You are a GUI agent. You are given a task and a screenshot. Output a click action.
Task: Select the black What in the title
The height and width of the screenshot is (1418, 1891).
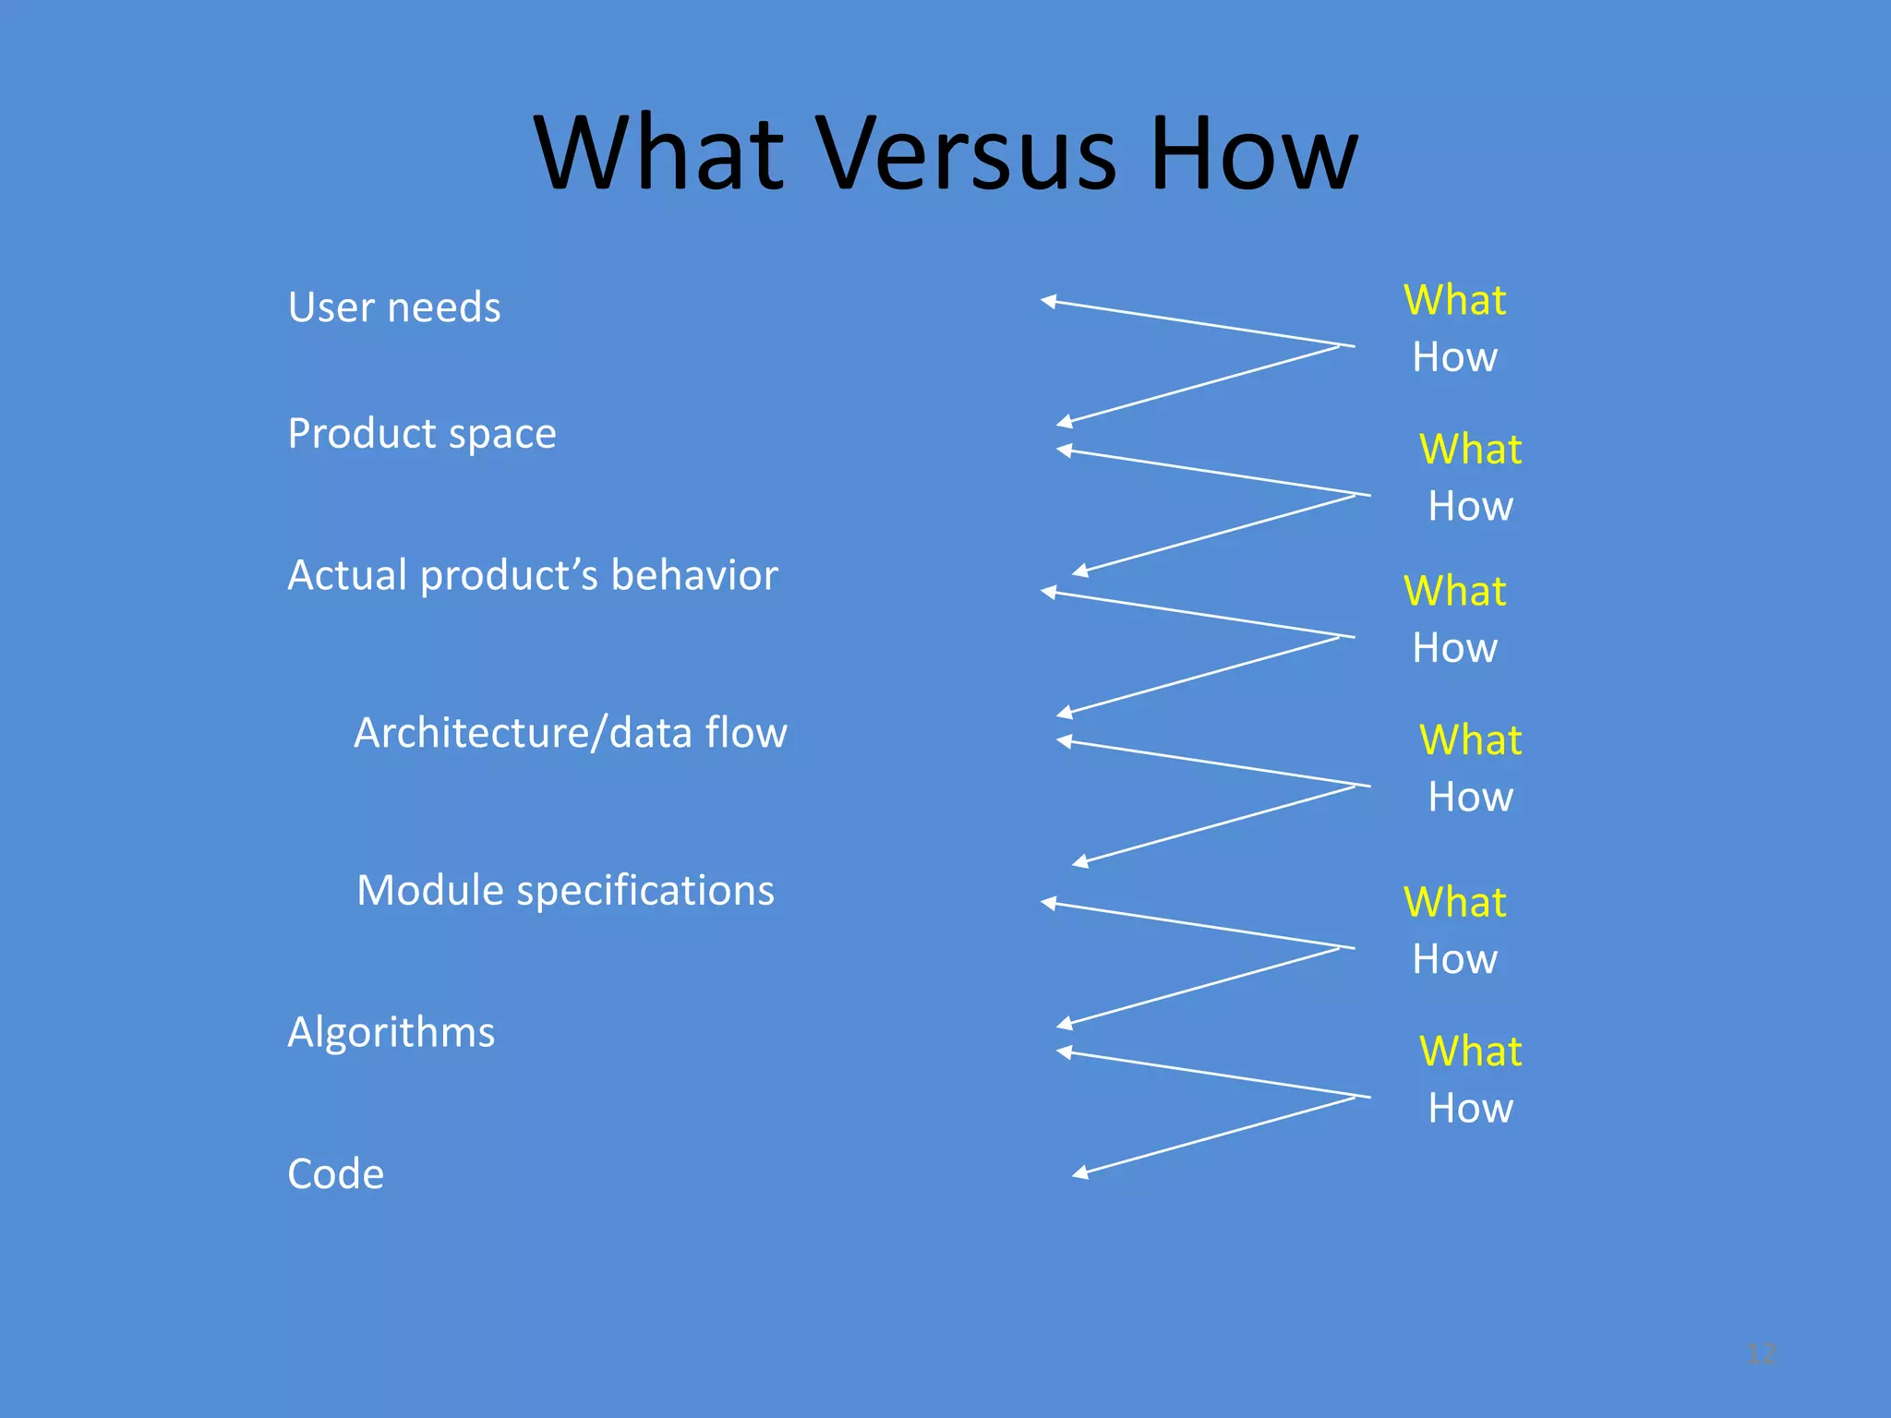[x=659, y=153]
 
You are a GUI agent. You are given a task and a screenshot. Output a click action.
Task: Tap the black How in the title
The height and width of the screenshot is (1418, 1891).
[x=1254, y=153]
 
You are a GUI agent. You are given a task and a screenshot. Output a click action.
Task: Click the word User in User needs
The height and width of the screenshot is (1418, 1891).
[x=330, y=307]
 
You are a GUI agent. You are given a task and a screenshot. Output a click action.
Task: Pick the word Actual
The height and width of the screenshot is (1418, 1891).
[x=347, y=576]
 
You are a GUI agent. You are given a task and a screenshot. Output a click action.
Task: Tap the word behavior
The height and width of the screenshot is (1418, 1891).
[x=694, y=576]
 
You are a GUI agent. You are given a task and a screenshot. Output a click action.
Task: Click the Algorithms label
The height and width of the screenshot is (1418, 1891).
[x=391, y=1033]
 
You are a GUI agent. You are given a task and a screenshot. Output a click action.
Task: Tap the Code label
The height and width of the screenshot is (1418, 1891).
[x=336, y=1174]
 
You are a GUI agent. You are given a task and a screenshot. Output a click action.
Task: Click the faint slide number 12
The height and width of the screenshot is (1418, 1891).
[x=1762, y=1353]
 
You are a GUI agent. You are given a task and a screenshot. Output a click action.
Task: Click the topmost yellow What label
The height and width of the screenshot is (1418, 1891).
[x=1454, y=301]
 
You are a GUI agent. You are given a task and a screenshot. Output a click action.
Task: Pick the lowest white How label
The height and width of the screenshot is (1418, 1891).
[x=1470, y=1109]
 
